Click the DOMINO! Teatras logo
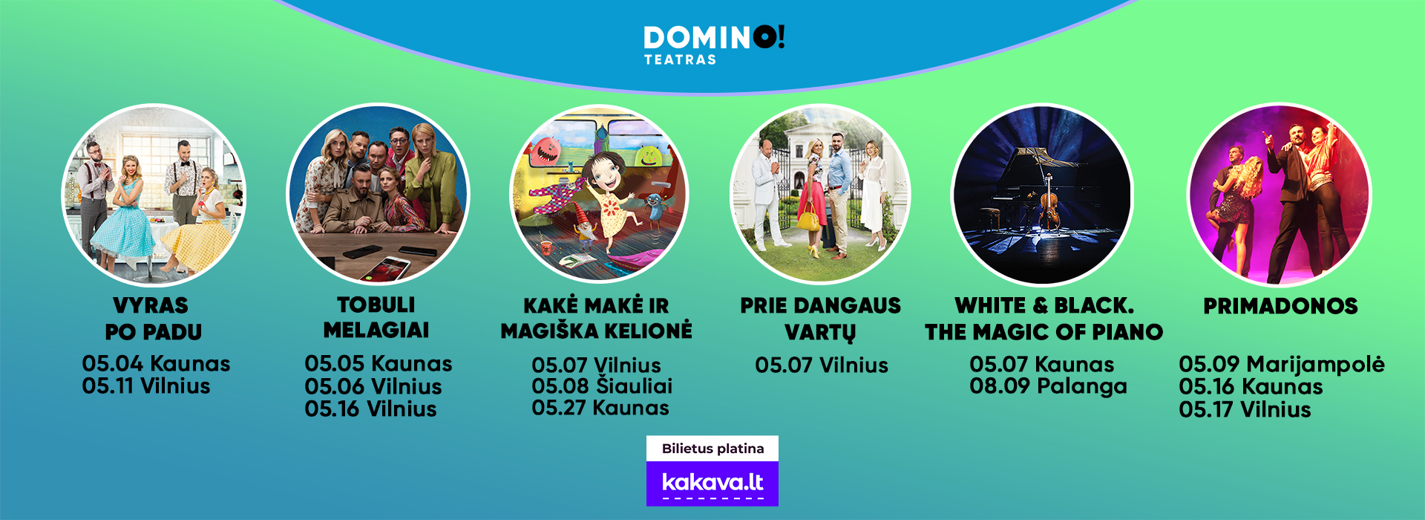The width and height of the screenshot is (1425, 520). [x=713, y=45]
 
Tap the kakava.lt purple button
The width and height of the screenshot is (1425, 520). [x=712, y=484]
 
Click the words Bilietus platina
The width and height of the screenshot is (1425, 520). [x=712, y=449]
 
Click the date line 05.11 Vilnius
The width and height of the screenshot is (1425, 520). [x=146, y=386]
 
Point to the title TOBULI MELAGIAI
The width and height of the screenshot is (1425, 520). [x=376, y=317]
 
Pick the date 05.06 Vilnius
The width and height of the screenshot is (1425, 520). [x=373, y=386]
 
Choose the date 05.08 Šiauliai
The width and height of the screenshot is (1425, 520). [x=602, y=386]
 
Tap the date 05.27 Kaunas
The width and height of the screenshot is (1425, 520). [x=600, y=408]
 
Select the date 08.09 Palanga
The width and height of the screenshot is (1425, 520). [x=1048, y=386]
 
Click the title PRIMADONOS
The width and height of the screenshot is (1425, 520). [x=1280, y=306]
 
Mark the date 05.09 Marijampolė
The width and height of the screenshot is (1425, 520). [x=1282, y=365]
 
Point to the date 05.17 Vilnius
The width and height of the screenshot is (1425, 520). [x=1245, y=409]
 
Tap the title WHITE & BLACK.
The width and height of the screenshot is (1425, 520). [x=1044, y=306]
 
